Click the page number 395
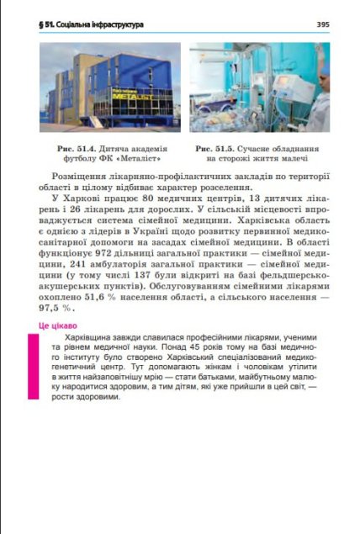[323, 24]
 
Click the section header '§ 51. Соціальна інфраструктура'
[92, 24]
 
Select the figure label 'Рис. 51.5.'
[218, 148]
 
